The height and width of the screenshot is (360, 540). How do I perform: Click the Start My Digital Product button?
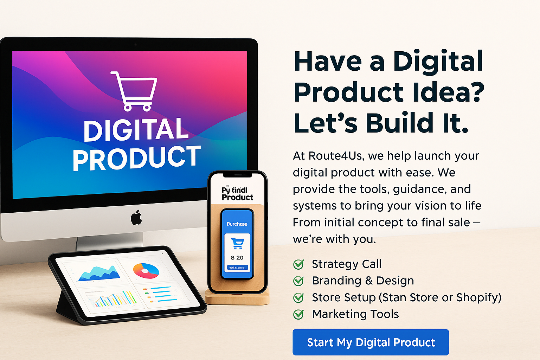(x=371, y=342)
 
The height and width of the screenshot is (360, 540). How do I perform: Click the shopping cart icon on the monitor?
(x=135, y=91)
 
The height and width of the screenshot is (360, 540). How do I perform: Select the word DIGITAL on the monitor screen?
(x=136, y=130)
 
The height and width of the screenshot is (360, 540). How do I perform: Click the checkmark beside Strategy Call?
(x=298, y=264)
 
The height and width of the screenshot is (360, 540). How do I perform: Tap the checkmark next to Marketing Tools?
(x=298, y=314)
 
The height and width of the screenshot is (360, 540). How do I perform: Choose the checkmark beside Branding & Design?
(x=298, y=281)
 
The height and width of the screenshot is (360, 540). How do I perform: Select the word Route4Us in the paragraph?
(x=331, y=155)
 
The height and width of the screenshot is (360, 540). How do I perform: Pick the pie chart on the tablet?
(x=146, y=271)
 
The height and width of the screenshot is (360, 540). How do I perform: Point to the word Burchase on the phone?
(x=237, y=224)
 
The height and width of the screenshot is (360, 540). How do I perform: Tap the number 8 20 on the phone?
(x=237, y=258)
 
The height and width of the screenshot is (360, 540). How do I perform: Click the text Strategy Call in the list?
(x=347, y=264)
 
